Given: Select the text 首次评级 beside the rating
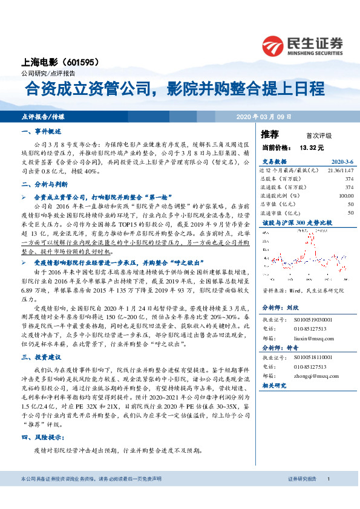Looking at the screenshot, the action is point(319,135).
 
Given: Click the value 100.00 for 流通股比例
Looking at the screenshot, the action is point(346,196).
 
